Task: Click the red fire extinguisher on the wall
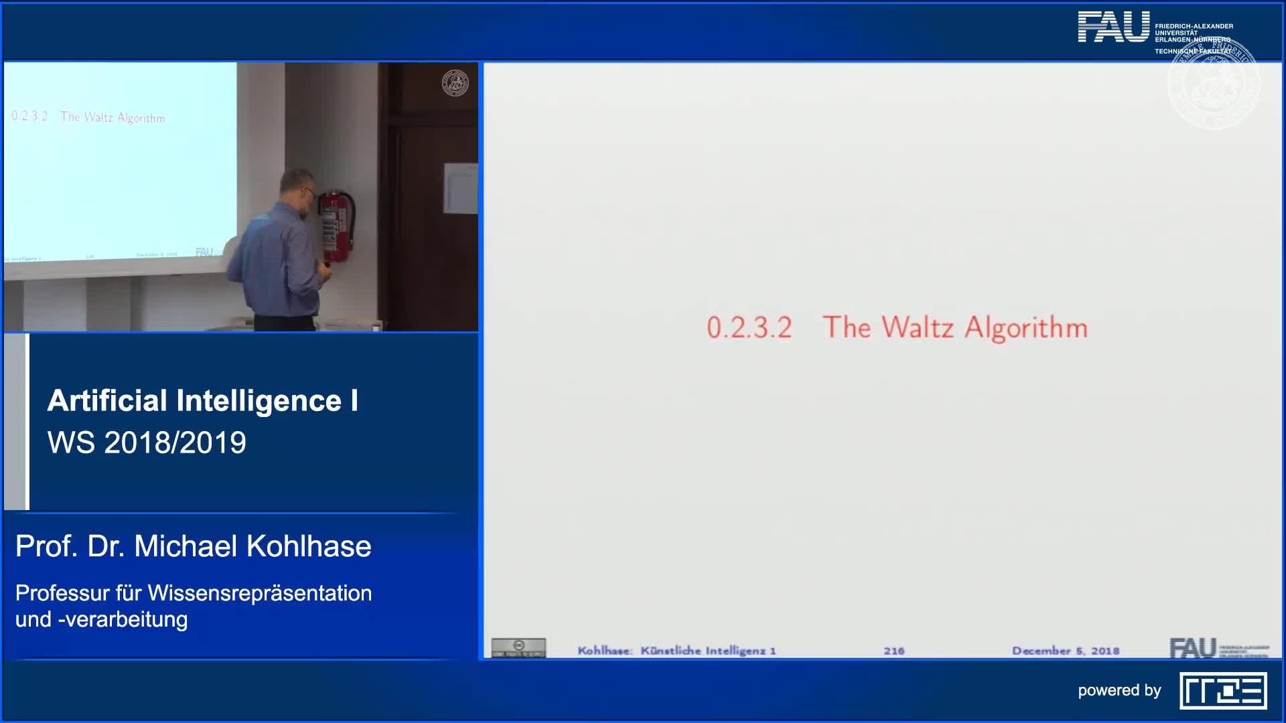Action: tap(336, 226)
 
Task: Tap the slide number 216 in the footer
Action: tap(894, 651)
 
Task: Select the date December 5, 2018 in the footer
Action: tap(1065, 651)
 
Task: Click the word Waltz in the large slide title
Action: tap(917, 327)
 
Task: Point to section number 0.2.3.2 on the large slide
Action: tap(749, 328)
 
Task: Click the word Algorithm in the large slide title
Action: tap(1025, 328)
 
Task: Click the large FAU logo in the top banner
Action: tap(1113, 27)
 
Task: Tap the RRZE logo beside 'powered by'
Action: tap(1223, 691)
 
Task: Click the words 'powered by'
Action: tap(1119, 690)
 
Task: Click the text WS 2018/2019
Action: tap(147, 443)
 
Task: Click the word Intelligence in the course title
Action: tap(259, 401)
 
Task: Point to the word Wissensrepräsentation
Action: tap(259, 593)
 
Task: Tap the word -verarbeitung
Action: tap(123, 619)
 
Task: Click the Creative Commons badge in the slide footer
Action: tap(518, 647)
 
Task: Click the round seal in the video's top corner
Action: tap(455, 83)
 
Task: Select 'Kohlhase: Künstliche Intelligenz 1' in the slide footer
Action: tap(676, 651)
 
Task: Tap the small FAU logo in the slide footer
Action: tap(1194, 648)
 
